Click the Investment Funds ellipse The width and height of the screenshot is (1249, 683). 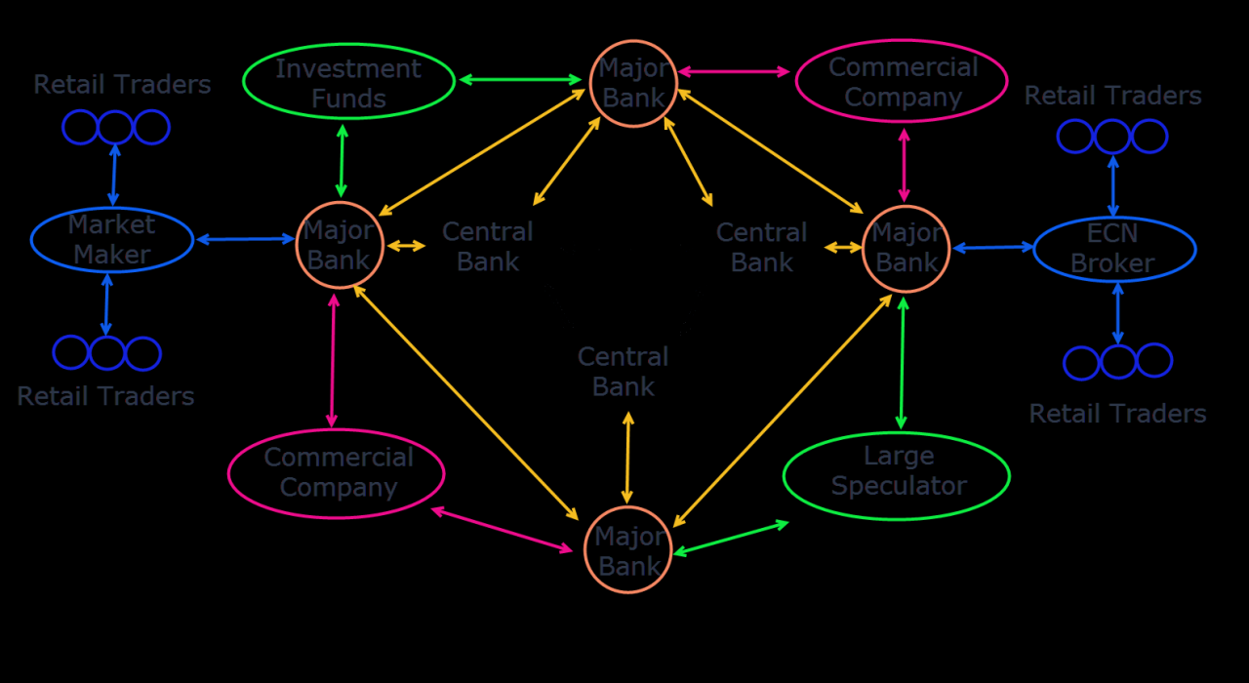coord(348,83)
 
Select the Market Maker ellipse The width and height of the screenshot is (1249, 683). coord(112,240)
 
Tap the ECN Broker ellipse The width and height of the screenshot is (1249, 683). coord(1114,249)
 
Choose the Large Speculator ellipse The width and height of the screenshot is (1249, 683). coord(896,475)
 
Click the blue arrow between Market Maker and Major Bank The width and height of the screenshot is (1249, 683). coord(246,238)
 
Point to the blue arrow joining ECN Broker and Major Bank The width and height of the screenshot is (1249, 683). coord(992,248)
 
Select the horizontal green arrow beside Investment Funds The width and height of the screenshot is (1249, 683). coord(521,79)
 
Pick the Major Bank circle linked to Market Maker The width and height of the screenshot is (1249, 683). coord(340,245)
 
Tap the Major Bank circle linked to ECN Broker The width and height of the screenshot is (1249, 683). coord(907,249)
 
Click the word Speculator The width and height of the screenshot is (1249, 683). coord(900,486)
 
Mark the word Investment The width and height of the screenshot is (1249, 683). coord(348,69)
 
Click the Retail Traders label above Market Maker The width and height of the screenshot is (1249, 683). coord(122,85)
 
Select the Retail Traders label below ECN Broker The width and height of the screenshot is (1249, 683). coord(1117,414)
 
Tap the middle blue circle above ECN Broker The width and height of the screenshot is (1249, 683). coord(1112,137)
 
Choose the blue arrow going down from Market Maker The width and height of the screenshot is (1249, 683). coord(106,304)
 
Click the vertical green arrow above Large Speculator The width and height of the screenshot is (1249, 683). coord(902,363)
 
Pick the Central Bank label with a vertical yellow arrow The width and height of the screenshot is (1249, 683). coord(623,372)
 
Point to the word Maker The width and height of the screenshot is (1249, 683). coord(111,255)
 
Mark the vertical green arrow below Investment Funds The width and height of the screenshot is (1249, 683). coord(342,161)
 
